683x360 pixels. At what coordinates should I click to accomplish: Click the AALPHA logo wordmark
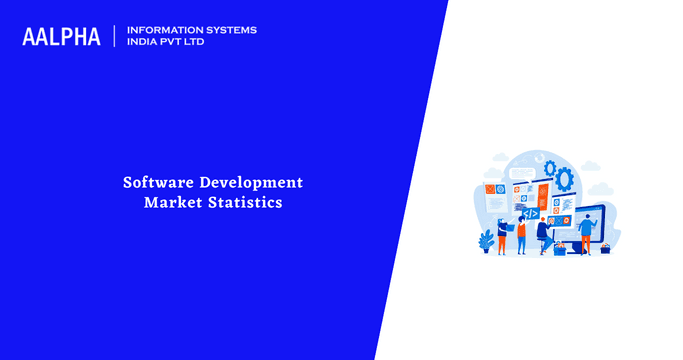(61, 37)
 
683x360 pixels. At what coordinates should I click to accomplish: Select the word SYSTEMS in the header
(230, 30)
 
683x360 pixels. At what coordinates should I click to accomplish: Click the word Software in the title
(158, 183)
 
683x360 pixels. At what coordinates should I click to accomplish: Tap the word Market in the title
(173, 203)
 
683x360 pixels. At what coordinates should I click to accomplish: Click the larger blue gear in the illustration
(564, 180)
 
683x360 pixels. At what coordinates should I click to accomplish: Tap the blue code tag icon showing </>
(531, 213)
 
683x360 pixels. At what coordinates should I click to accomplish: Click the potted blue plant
(487, 241)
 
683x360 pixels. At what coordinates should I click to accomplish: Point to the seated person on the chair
(543, 232)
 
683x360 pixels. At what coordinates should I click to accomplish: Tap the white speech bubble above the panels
(522, 173)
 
